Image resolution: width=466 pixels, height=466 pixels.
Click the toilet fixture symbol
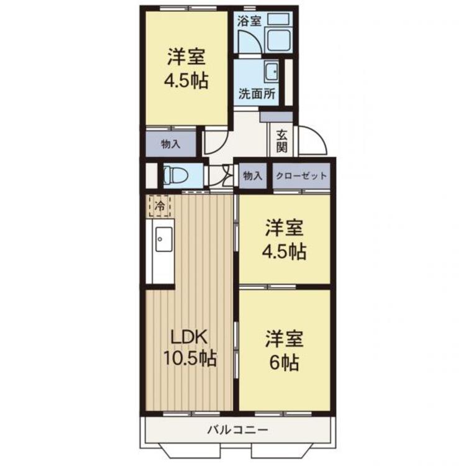click(x=176, y=175)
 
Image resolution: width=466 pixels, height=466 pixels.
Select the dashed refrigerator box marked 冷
click(x=160, y=206)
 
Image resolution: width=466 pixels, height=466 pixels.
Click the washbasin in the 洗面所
click(x=272, y=71)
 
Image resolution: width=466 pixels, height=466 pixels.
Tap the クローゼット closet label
click(x=301, y=176)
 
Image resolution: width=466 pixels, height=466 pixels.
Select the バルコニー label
click(x=238, y=429)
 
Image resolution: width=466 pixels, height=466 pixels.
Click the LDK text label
click(x=188, y=337)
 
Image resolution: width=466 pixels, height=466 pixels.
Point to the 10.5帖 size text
click(x=190, y=359)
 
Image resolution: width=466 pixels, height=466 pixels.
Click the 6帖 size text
click(x=284, y=363)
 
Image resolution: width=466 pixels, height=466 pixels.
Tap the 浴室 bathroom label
click(x=249, y=21)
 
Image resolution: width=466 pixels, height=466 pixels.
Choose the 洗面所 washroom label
click(x=257, y=94)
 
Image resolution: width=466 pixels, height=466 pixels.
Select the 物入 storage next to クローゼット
click(x=253, y=176)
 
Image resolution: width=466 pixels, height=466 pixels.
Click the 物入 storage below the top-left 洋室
click(x=171, y=144)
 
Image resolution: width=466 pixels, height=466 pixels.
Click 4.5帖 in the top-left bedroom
click(x=186, y=81)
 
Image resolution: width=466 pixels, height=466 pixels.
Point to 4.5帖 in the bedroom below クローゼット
click(x=284, y=252)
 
